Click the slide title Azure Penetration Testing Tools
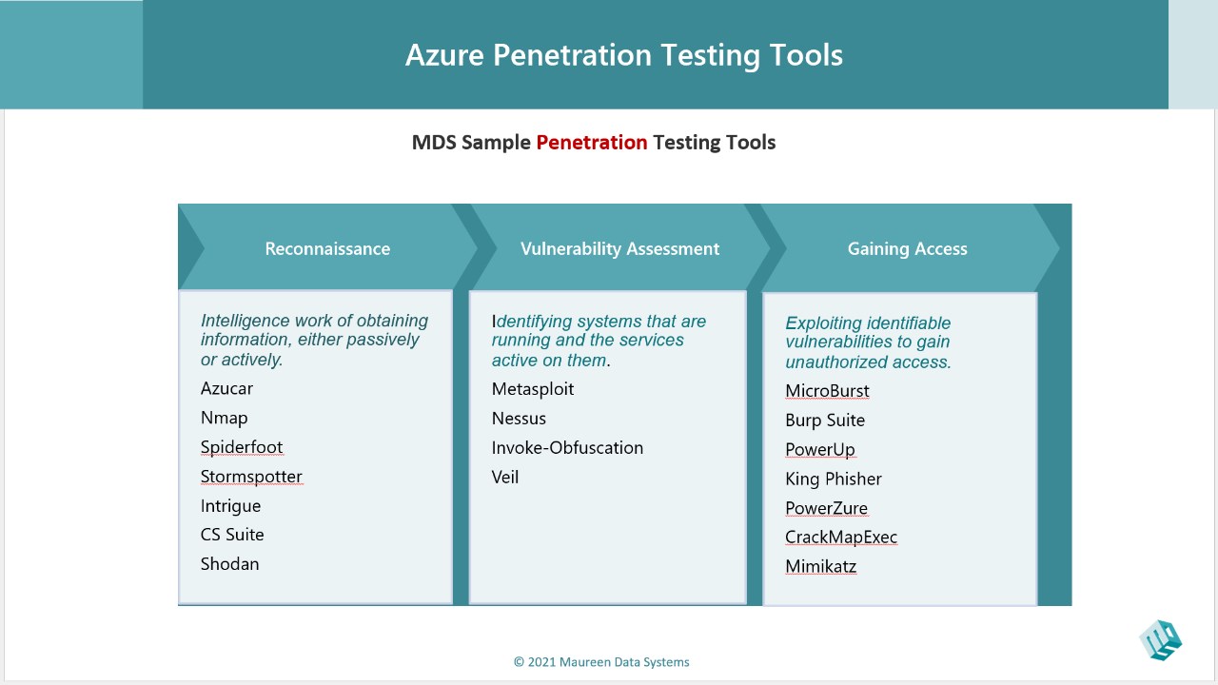(623, 55)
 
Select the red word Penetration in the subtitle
(592, 143)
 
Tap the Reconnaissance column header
(327, 248)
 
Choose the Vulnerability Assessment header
(619, 248)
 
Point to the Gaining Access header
(908, 248)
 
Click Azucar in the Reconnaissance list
(226, 388)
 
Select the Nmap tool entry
(224, 418)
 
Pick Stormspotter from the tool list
(251, 477)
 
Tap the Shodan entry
(229, 564)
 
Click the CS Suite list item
(232, 535)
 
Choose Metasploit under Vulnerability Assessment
(533, 389)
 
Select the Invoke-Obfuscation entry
(567, 447)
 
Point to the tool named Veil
(505, 477)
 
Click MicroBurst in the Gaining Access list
(827, 391)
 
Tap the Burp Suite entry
(825, 421)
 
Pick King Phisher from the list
(834, 479)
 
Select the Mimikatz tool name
(821, 566)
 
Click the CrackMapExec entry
(841, 538)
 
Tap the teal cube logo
(1160, 640)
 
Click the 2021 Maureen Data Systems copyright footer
(601, 662)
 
